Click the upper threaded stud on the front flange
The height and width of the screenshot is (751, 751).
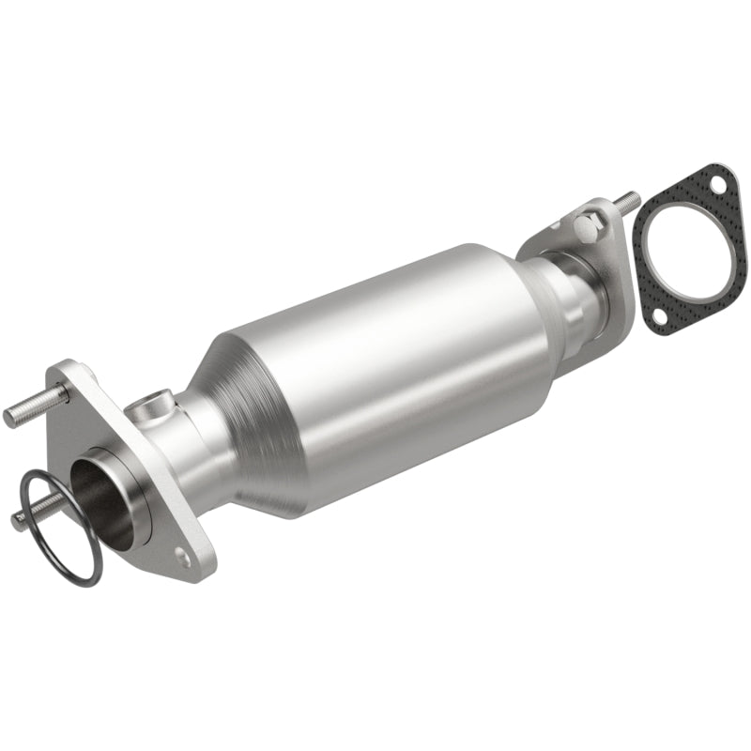coord(28,411)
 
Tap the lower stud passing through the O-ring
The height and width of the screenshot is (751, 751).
coord(28,515)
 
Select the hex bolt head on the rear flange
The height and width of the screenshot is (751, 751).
coord(585,228)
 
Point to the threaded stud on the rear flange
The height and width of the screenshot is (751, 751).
coord(625,201)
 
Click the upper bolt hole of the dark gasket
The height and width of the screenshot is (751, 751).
coord(717,185)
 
